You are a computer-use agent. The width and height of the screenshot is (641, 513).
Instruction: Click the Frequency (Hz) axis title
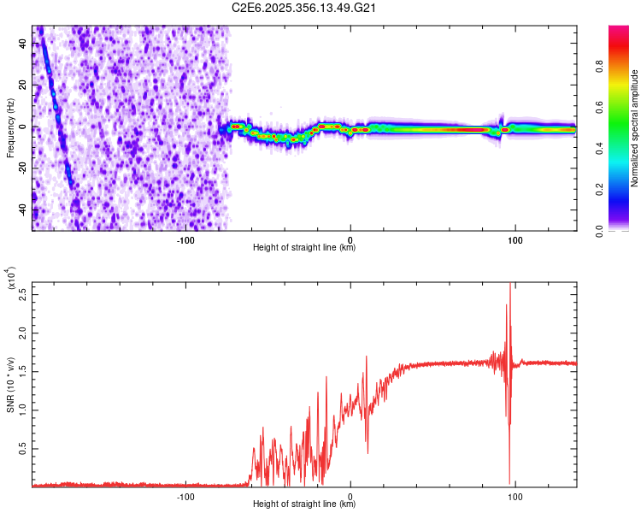(10, 127)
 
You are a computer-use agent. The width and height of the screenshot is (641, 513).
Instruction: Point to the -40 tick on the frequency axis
(22, 209)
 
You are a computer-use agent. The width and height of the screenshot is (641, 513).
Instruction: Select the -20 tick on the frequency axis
(22, 168)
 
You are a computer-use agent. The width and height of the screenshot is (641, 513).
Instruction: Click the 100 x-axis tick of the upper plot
(515, 240)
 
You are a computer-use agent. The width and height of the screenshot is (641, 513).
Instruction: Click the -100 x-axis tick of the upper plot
(185, 240)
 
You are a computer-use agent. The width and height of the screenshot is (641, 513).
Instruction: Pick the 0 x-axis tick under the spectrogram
(350, 240)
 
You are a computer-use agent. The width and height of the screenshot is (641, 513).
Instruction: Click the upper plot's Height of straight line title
(304, 249)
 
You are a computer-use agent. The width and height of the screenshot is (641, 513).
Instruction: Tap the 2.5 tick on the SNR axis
(22, 294)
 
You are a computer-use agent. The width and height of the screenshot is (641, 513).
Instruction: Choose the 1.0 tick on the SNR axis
(22, 409)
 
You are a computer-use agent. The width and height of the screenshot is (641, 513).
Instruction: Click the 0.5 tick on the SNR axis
(22, 447)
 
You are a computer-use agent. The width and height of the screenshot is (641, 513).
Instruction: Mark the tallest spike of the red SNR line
(510, 286)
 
